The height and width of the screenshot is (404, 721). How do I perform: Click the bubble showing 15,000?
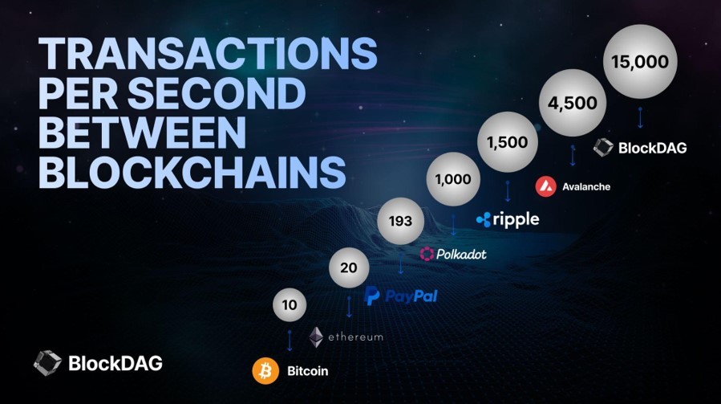pyautogui.click(x=640, y=61)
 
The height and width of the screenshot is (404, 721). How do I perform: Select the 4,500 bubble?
pyautogui.click(x=573, y=103)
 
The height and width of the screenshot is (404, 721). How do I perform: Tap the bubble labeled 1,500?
pyautogui.click(x=507, y=142)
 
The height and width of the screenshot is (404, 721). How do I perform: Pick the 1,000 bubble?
pyautogui.click(x=453, y=179)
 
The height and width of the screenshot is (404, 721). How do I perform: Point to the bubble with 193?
pyautogui.click(x=400, y=221)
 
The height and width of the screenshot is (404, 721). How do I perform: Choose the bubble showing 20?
pyautogui.click(x=349, y=267)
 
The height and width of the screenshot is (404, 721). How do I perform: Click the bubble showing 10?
pyautogui.click(x=290, y=304)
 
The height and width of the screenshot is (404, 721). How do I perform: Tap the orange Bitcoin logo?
pyautogui.click(x=265, y=370)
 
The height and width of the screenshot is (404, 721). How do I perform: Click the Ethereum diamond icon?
pyautogui.click(x=316, y=337)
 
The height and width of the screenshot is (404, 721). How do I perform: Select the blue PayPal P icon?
pyautogui.click(x=371, y=296)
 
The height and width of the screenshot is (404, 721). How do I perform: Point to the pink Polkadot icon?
pyautogui.click(x=427, y=253)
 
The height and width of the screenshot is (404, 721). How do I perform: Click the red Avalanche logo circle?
pyautogui.click(x=546, y=186)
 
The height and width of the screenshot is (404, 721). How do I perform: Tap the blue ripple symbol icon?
pyautogui.click(x=484, y=220)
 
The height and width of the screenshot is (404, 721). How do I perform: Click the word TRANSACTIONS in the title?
pyautogui.click(x=208, y=54)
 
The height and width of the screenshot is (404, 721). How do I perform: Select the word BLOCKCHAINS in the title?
pyautogui.click(x=192, y=171)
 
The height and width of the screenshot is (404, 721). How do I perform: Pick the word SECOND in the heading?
pyautogui.click(x=217, y=92)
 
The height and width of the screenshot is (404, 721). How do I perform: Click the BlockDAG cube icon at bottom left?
pyautogui.click(x=47, y=362)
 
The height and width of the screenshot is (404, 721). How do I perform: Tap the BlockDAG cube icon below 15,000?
pyautogui.click(x=603, y=147)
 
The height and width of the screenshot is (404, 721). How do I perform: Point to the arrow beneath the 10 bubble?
pyautogui.click(x=290, y=341)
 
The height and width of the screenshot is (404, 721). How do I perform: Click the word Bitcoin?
pyautogui.click(x=308, y=371)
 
